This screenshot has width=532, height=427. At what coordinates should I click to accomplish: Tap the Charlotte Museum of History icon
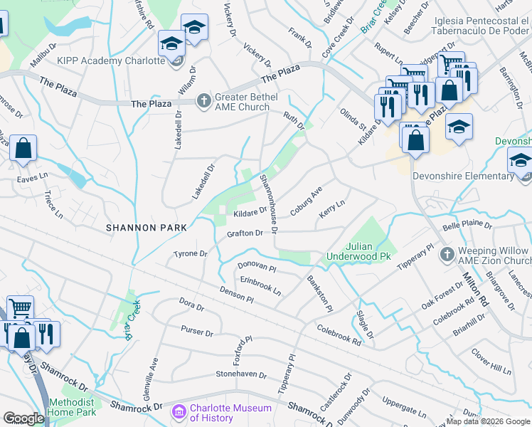179,412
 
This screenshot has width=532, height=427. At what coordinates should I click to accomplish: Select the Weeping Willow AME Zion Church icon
446,254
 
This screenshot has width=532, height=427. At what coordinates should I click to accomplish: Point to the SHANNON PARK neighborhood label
146,228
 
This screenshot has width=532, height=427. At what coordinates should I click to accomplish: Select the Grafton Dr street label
245,233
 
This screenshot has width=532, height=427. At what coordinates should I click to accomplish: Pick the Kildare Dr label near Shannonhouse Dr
250,211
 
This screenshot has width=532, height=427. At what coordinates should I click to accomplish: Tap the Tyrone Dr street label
190,253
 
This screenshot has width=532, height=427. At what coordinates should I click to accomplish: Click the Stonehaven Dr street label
241,374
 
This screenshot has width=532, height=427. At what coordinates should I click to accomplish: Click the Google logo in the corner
23,418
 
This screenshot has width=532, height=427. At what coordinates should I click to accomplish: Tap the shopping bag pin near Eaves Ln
23,149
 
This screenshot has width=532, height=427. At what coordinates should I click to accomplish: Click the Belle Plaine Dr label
467,224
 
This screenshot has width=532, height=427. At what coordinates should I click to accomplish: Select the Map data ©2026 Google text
488,421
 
